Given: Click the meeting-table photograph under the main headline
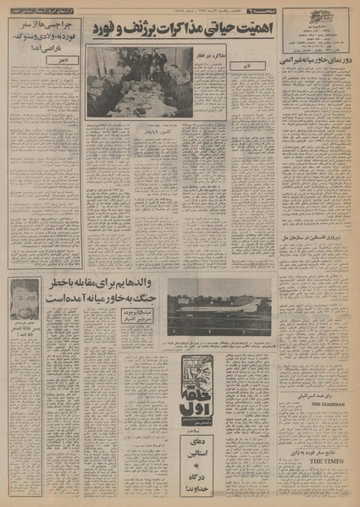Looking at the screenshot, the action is [139, 82].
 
